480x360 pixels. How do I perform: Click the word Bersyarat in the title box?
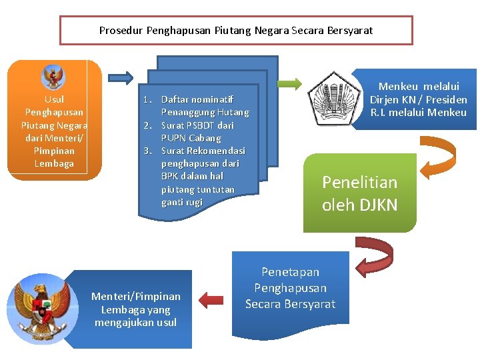(x=349, y=30)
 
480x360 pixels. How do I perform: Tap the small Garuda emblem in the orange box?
(x=53, y=77)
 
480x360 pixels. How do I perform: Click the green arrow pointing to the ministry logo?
(x=290, y=84)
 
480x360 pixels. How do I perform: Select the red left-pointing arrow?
(x=211, y=300)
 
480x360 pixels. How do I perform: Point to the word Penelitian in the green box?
(x=359, y=182)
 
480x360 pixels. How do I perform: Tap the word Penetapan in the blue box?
(x=290, y=272)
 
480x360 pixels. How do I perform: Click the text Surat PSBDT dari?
(x=197, y=125)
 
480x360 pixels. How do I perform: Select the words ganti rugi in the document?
(x=181, y=202)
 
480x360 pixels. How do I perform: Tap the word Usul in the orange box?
(x=54, y=99)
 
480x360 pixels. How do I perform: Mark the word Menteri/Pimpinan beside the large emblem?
(x=135, y=296)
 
